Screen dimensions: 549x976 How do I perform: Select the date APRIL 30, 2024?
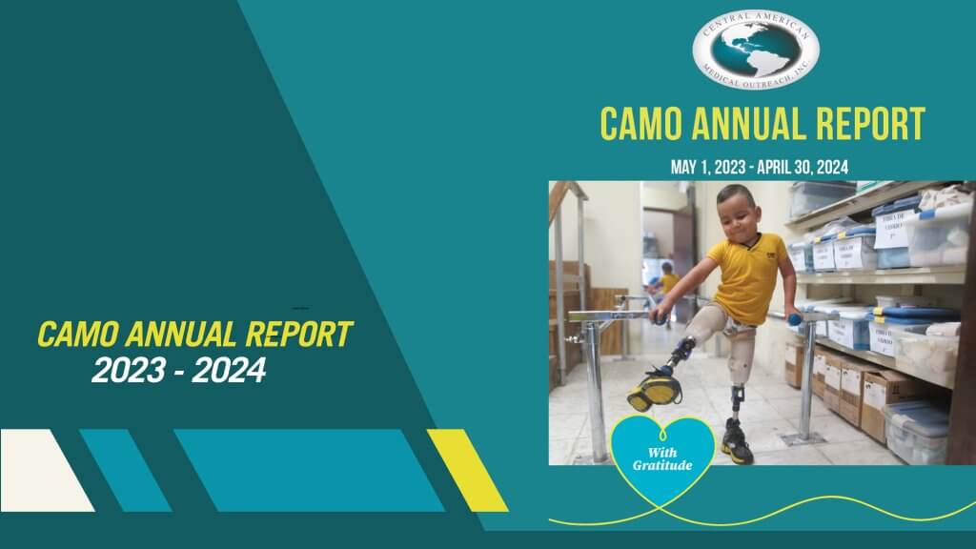click(806, 168)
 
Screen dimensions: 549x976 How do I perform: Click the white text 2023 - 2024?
click(178, 371)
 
